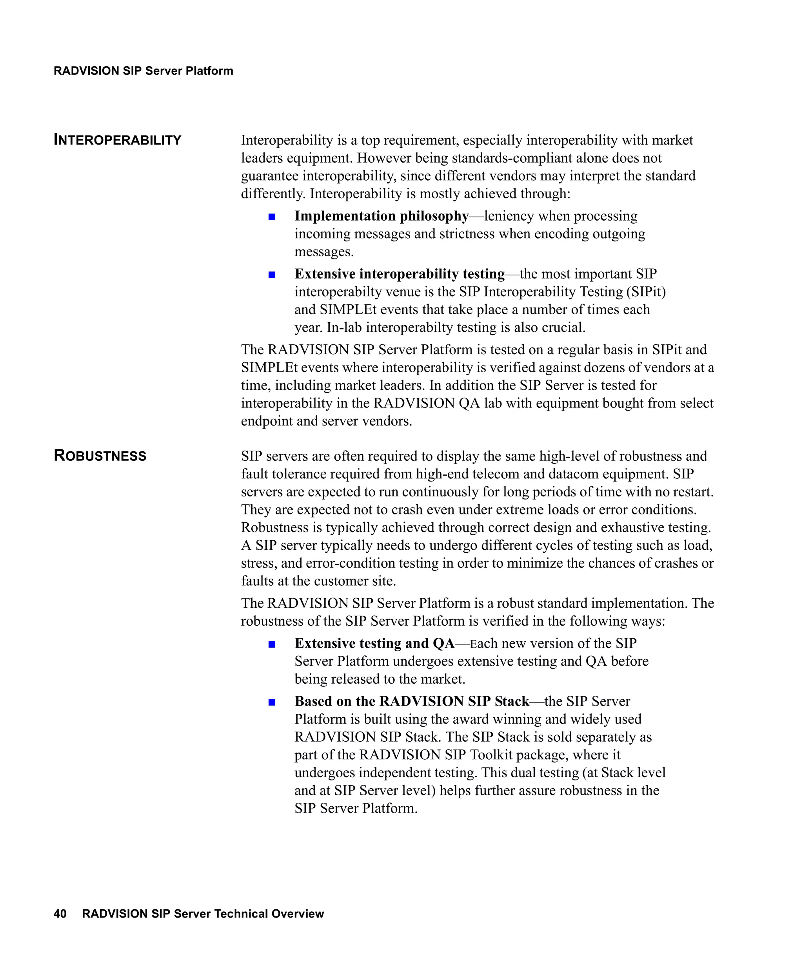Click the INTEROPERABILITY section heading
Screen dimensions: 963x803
coord(118,140)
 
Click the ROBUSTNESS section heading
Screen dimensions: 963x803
coord(100,455)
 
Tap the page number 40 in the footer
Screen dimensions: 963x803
coord(60,914)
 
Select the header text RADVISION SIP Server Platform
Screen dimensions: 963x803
coord(143,71)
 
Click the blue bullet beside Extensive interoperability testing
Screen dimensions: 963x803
coord(272,275)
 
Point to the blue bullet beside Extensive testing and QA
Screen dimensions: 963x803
coord(272,644)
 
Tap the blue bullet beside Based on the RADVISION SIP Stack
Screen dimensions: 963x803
coord(272,702)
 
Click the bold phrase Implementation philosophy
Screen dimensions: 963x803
coord(382,215)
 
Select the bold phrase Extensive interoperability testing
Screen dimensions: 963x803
coord(399,274)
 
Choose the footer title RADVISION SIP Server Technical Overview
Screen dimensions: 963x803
coord(203,914)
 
